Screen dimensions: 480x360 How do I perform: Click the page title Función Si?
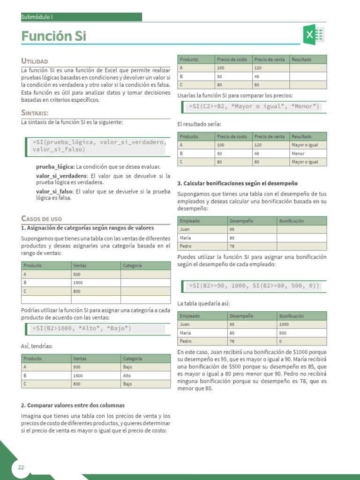[54, 36]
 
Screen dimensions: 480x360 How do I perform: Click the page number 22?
[21, 467]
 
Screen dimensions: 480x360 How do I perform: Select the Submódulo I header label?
[37, 17]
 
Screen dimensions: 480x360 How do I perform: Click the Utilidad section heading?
[35, 61]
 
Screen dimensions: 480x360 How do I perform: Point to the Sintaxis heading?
[35, 113]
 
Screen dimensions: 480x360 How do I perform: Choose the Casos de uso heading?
[42, 219]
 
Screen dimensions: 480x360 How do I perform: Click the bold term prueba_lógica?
[55, 166]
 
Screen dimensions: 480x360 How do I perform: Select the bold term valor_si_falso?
[54, 191]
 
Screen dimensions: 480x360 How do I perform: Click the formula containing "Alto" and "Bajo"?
[82, 328]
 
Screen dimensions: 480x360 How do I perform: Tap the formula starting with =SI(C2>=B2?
[253, 106]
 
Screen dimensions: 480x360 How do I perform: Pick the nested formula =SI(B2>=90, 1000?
[253, 285]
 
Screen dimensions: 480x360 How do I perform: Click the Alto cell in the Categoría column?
[127, 375]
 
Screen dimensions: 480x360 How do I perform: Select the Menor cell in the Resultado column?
[298, 153]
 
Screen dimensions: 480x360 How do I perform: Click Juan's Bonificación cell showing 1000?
[285, 324]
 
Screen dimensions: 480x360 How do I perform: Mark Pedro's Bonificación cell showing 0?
[281, 341]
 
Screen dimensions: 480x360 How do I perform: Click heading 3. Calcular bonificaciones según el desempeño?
[238, 183]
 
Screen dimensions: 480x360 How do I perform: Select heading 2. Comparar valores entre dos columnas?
[73, 405]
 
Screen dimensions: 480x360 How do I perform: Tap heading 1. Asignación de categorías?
[88, 228]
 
